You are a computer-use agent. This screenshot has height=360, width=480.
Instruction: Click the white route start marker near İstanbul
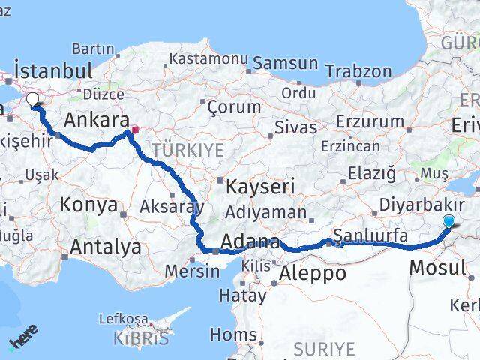(33, 99)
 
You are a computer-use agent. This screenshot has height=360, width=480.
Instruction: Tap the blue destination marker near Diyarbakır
(448, 221)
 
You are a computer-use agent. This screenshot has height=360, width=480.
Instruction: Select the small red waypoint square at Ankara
(135, 130)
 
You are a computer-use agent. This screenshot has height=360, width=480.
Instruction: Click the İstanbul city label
(53, 71)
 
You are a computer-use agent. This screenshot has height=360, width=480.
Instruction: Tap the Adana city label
(250, 242)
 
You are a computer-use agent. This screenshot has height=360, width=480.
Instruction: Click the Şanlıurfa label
(370, 236)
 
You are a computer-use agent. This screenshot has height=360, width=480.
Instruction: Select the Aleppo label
(312, 274)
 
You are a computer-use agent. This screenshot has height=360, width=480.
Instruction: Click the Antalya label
(106, 246)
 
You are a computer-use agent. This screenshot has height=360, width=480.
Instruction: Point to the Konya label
(88, 205)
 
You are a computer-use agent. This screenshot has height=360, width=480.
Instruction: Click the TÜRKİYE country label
(187, 150)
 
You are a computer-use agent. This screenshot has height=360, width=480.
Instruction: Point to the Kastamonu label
(208, 58)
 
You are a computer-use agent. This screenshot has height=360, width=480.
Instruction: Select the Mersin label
(193, 271)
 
